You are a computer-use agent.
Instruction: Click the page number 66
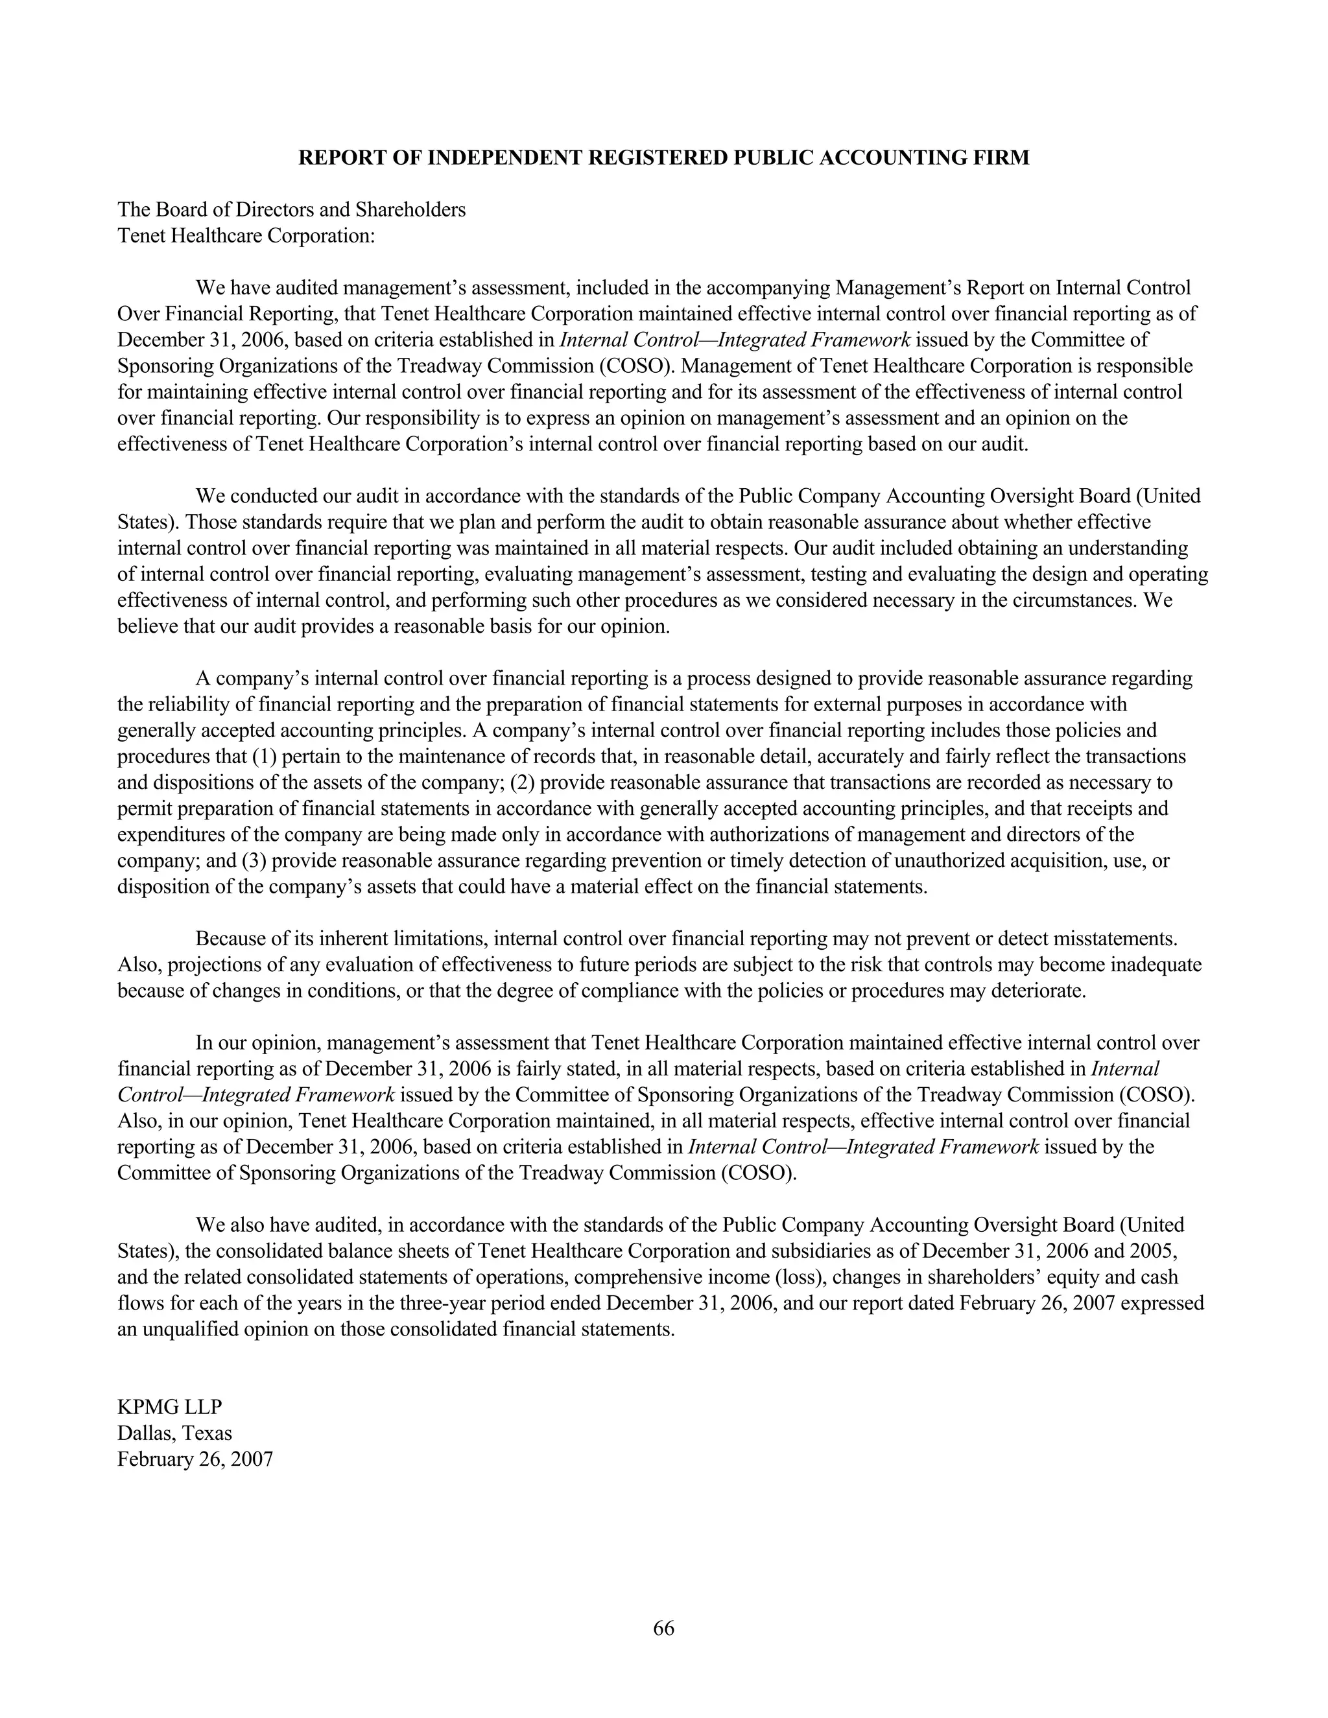(663, 1627)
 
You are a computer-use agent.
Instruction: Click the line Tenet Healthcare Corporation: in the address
(246, 235)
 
